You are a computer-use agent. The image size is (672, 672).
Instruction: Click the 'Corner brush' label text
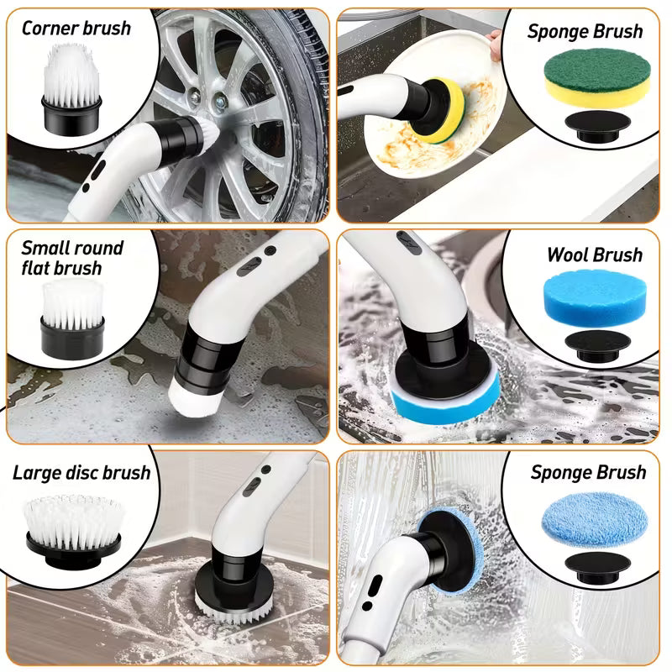pyautogui.click(x=76, y=29)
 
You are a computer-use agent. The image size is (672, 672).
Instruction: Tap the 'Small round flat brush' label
pyautogui.click(x=72, y=258)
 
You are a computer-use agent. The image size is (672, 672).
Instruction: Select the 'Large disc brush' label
pyautogui.click(x=81, y=473)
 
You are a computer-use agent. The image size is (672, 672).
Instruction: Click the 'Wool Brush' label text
pyautogui.click(x=595, y=255)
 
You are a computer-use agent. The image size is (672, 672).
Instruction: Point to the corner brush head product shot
pyautogui.click(x=71, y=88)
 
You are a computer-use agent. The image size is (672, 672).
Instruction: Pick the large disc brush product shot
pyautogui.click(x=73, y=531)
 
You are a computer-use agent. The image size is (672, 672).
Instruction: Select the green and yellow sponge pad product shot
pyautogui.click(x=597, y=77)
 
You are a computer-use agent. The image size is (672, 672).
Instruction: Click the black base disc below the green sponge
pyautogui.click(x=597, y=127)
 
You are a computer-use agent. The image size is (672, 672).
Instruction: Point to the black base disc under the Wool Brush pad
pyautogui.click(x=597, y=346)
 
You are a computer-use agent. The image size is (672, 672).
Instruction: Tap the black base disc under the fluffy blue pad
pyautogui.click(x=597, y=567)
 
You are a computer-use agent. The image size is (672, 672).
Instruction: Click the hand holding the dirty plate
pyautogui.click(x=495, y=44)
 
